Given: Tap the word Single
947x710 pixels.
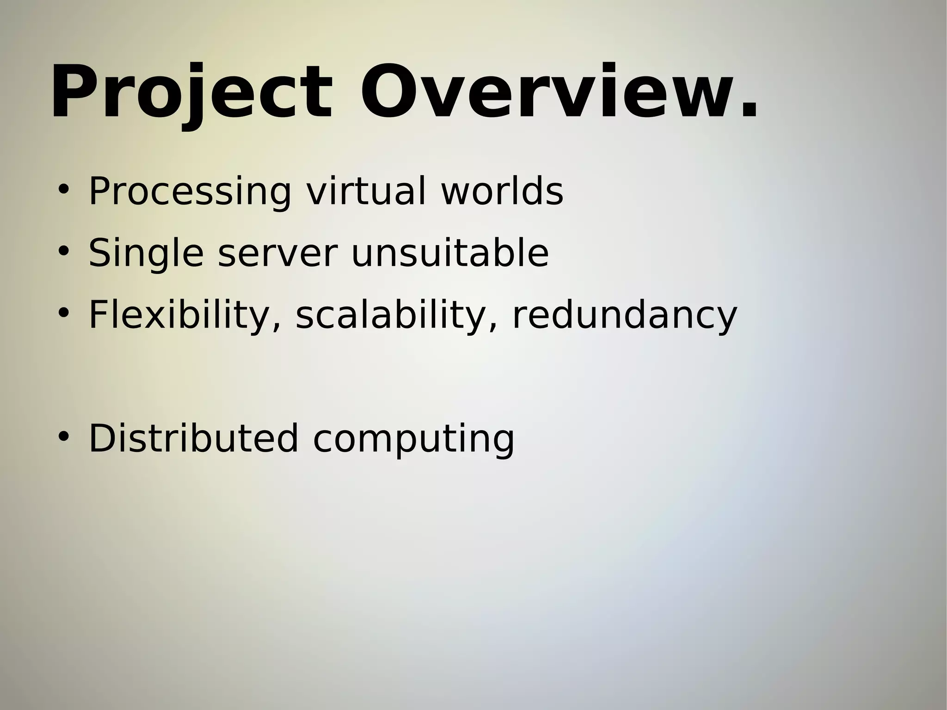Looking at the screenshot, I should click(146, 253).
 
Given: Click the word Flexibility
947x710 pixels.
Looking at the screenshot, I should click(178, 315).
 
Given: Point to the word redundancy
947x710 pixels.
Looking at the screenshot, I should click(625, 315).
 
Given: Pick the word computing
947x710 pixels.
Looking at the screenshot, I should click(413, 439).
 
